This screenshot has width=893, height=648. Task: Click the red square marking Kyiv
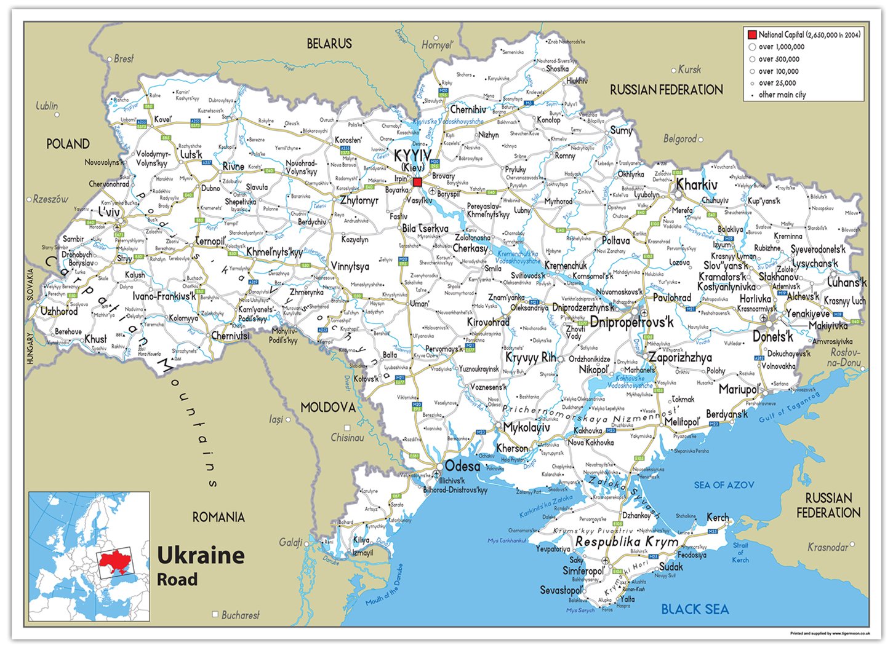point(417,182)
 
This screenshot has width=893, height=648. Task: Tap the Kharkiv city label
point(697,185)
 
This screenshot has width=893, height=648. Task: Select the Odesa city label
point(462,466)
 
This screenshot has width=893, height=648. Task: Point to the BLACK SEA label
point(695,609)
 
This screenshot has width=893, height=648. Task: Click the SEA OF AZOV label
point(724,485)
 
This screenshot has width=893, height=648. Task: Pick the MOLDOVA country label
point(328,408)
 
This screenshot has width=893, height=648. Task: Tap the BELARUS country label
point(329,44)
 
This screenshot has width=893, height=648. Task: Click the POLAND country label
point(68,144)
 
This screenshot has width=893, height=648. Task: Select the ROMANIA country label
point(218,517)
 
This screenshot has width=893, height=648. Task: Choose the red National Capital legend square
point(751,34)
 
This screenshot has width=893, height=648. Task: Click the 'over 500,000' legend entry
point(779,59)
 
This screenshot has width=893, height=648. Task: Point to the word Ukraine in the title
point(201,555)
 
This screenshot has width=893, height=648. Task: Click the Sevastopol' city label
point(561,590)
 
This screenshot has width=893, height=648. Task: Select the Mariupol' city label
point(740,389)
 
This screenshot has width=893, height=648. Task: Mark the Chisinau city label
point(348,438)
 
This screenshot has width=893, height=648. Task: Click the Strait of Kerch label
point(740,552)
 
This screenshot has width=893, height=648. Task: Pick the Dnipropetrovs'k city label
point(631,322)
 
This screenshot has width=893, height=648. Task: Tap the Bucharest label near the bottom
point(240,615)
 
